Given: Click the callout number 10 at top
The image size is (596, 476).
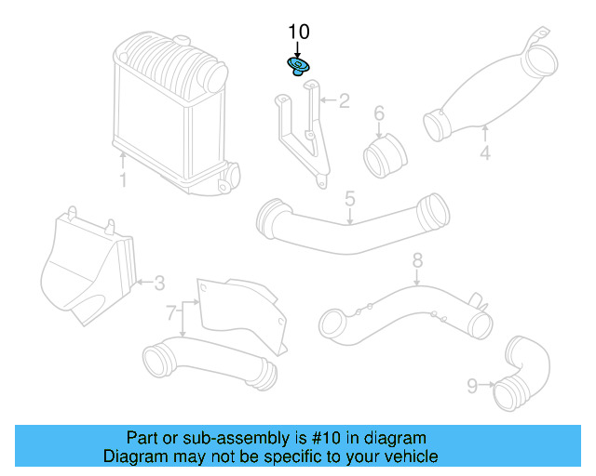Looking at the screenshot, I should [298, 33].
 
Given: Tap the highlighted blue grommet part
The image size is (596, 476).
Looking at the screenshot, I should [298, 66].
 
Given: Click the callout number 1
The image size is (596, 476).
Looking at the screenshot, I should [122, 178].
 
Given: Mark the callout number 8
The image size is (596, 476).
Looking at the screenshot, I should [417, 261].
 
